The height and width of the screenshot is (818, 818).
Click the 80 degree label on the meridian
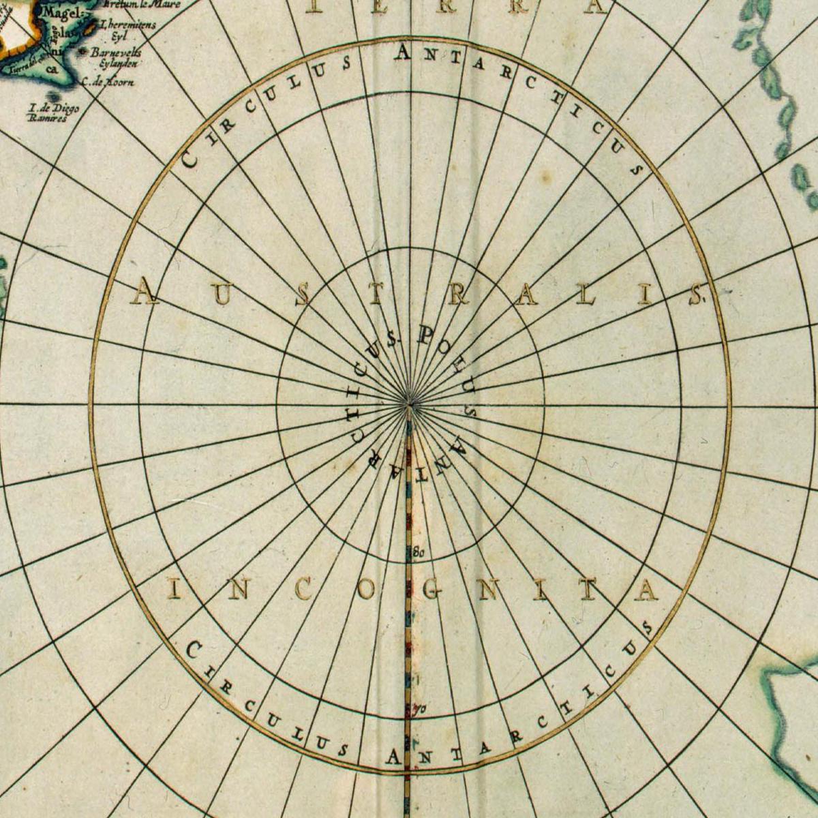pos(418,551)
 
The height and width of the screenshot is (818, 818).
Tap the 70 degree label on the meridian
pos(419,710)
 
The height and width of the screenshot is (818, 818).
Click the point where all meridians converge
pos(410,405)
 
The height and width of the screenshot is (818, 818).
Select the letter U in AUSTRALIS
pos(222,294)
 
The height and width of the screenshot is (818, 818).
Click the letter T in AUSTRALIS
pos(378,294)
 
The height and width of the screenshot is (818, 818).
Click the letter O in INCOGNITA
pos(366,590)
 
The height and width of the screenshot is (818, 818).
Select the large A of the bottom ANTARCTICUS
pos(394,757)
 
